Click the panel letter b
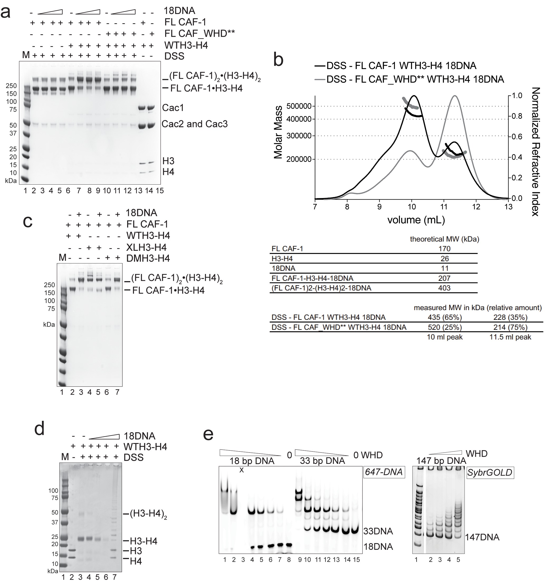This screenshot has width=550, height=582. [278, 60]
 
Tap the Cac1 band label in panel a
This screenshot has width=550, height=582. [173, 108]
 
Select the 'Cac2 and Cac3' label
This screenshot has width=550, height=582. [194, 124]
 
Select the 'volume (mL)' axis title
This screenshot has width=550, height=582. [416, 219]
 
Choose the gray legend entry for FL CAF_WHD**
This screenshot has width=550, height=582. [415, 79]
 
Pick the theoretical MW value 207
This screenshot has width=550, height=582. [444, 278]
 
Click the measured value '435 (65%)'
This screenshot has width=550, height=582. [444, 318]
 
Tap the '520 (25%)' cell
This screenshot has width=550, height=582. [444, 327]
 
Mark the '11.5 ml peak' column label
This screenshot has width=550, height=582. [510, 337]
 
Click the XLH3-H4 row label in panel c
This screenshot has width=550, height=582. [146, 247]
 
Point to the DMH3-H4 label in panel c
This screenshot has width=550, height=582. [148, 258]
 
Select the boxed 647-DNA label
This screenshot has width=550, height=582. [384, 472]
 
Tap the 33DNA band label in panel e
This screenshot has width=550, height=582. [378, 531]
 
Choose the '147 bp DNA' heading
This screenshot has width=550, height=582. [441, 461]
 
